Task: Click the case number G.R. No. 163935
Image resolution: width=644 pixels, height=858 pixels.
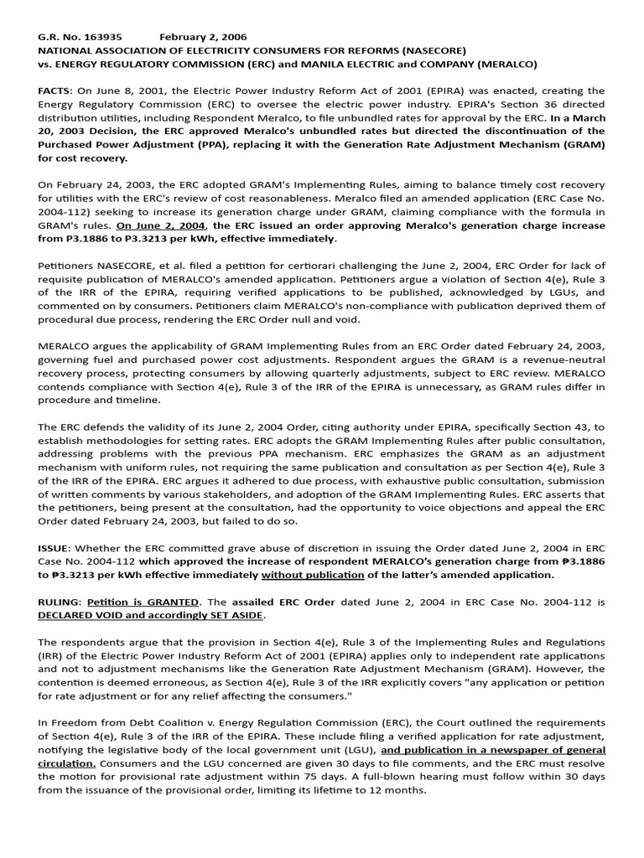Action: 80,36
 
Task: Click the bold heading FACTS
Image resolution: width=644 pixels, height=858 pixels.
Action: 55,90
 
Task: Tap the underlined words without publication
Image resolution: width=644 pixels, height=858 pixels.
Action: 313,574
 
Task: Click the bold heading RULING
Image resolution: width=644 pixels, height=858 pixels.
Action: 59,601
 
